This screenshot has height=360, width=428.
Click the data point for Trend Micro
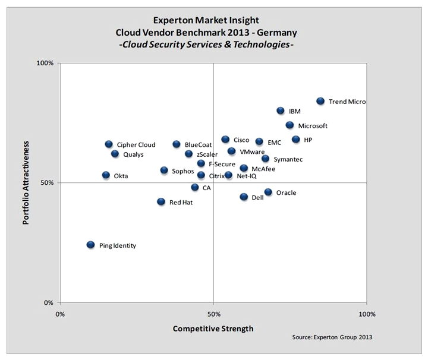pyautogui.click(x=320, y=102)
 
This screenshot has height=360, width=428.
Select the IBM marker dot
pyautogui.click(x=281, y=111)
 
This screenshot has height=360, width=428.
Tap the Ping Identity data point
pyautogui.click(x=90, y=245)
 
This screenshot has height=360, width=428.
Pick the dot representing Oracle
pyautogui.click(x=268, y=192)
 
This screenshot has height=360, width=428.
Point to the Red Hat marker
pyautogui.click(x=161, y=202)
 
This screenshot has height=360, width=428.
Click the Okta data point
pyautogui.click(x=106, y=175)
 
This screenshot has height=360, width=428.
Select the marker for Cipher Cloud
pyautogui.click(x=109, y=144)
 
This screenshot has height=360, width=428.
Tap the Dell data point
pyautogui.click(x=244, y=197)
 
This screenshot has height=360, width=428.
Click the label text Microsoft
pyautogui.click(x=313, y=126)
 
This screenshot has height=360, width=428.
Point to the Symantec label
pyautogui.click(x=288, y=159)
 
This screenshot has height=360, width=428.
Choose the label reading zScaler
pyautogui.click(x=207, y=154)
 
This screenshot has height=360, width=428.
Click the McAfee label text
pyautogui.click(x=263, y=169)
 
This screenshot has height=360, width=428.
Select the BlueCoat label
pyautogui.click(x=197, y=144)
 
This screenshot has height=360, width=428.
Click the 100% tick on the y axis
pyautogui.click(x=46, y=63)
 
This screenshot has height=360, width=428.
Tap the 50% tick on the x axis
pyautogui.click(x=213, y=313)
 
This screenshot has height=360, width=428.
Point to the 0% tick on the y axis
pyautogui.click(x=49, y=303)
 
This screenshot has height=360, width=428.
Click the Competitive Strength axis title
pyautogui.click(x=213, y=329)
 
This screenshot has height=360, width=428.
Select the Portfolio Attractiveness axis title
pyautogui.click(x=26, y=182)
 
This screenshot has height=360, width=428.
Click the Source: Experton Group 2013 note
pyautogui.click(x=332, y=337)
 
